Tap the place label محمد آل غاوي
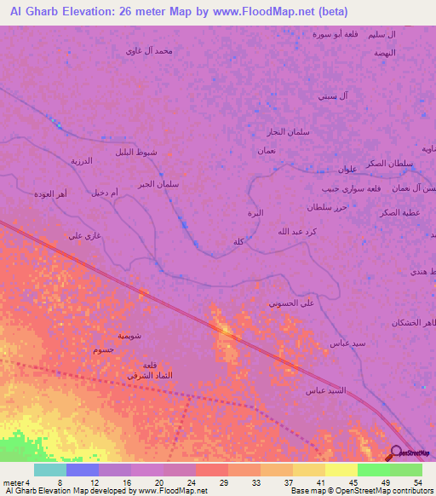[149, 50]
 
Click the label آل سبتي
[332, 95]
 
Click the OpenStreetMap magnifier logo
[396, 453]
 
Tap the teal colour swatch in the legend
[50, 470]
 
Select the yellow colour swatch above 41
[309, 470]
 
